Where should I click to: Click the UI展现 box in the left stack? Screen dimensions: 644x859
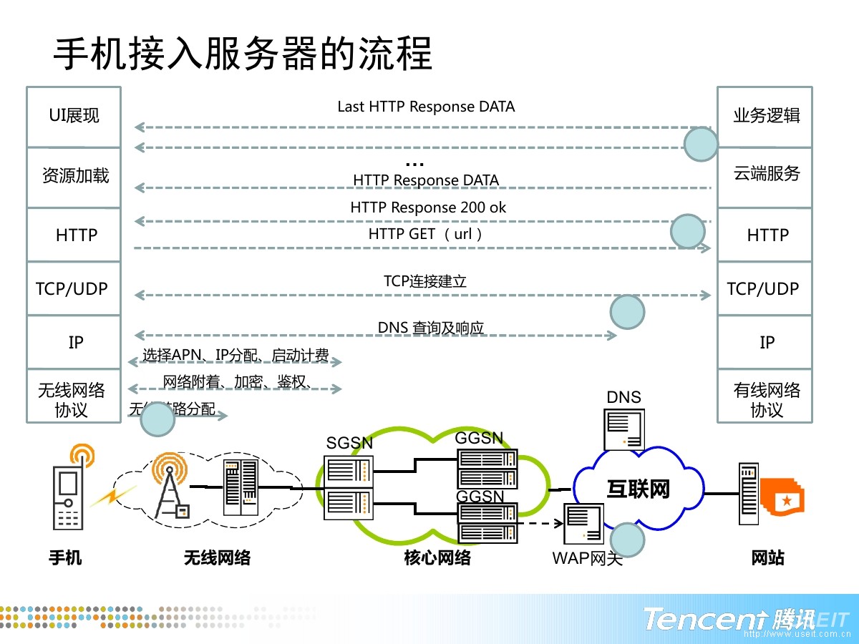tap(74, 116)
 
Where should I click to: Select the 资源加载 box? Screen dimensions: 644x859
tap(74, 177)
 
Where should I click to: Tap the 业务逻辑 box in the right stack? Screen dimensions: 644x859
tap(765, 116)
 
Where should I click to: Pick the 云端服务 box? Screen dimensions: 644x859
tap(765, 174)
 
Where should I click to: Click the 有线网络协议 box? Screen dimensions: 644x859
tap(765, 400)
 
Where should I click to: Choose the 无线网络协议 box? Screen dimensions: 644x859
tap(73, 400)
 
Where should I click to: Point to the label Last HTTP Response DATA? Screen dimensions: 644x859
tap(426, 107)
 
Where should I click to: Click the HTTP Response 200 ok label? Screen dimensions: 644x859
tap(428, 208)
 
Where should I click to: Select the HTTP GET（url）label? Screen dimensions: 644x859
tap(427, 234)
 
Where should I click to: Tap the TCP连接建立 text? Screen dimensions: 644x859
tap(425, 281)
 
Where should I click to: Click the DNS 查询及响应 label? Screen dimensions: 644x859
tap(431, 328)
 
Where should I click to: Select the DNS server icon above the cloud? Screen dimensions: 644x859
tap(625, 429)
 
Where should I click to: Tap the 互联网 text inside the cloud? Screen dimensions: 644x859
tap(638, 489)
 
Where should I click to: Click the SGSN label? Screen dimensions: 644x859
tap(349, 443)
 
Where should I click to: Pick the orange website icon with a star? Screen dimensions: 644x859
tap(785, 497)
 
